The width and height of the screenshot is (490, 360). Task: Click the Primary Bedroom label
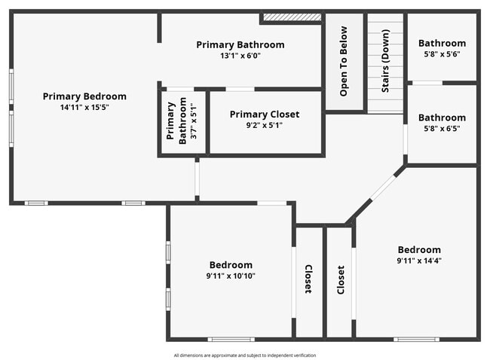[84, 96]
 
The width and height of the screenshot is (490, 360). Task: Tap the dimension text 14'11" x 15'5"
[84, 107]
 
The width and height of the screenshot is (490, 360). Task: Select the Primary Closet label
[265, 114]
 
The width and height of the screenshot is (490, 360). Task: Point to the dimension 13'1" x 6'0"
[240, 56]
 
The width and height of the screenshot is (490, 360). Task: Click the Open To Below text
[344, 61]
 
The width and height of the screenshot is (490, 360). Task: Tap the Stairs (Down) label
[385, 61]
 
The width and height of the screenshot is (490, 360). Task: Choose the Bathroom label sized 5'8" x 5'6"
[442, 43]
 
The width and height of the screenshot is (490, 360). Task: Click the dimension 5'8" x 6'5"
[442, 128]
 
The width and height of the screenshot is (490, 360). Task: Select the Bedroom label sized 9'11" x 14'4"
[419, 250]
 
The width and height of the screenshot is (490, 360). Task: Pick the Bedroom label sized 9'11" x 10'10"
[231, 265]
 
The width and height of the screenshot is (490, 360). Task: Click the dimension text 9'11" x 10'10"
[231, 276]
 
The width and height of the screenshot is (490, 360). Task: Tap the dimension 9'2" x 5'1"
[265, 125]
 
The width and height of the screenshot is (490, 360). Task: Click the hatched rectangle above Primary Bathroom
[292, 17]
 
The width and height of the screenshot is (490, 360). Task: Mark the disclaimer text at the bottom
[245, 355]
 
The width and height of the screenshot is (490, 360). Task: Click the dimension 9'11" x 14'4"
[419, 261]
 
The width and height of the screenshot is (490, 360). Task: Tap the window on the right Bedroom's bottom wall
[416, 339]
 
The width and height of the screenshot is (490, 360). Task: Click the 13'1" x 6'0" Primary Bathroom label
[240, 44]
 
